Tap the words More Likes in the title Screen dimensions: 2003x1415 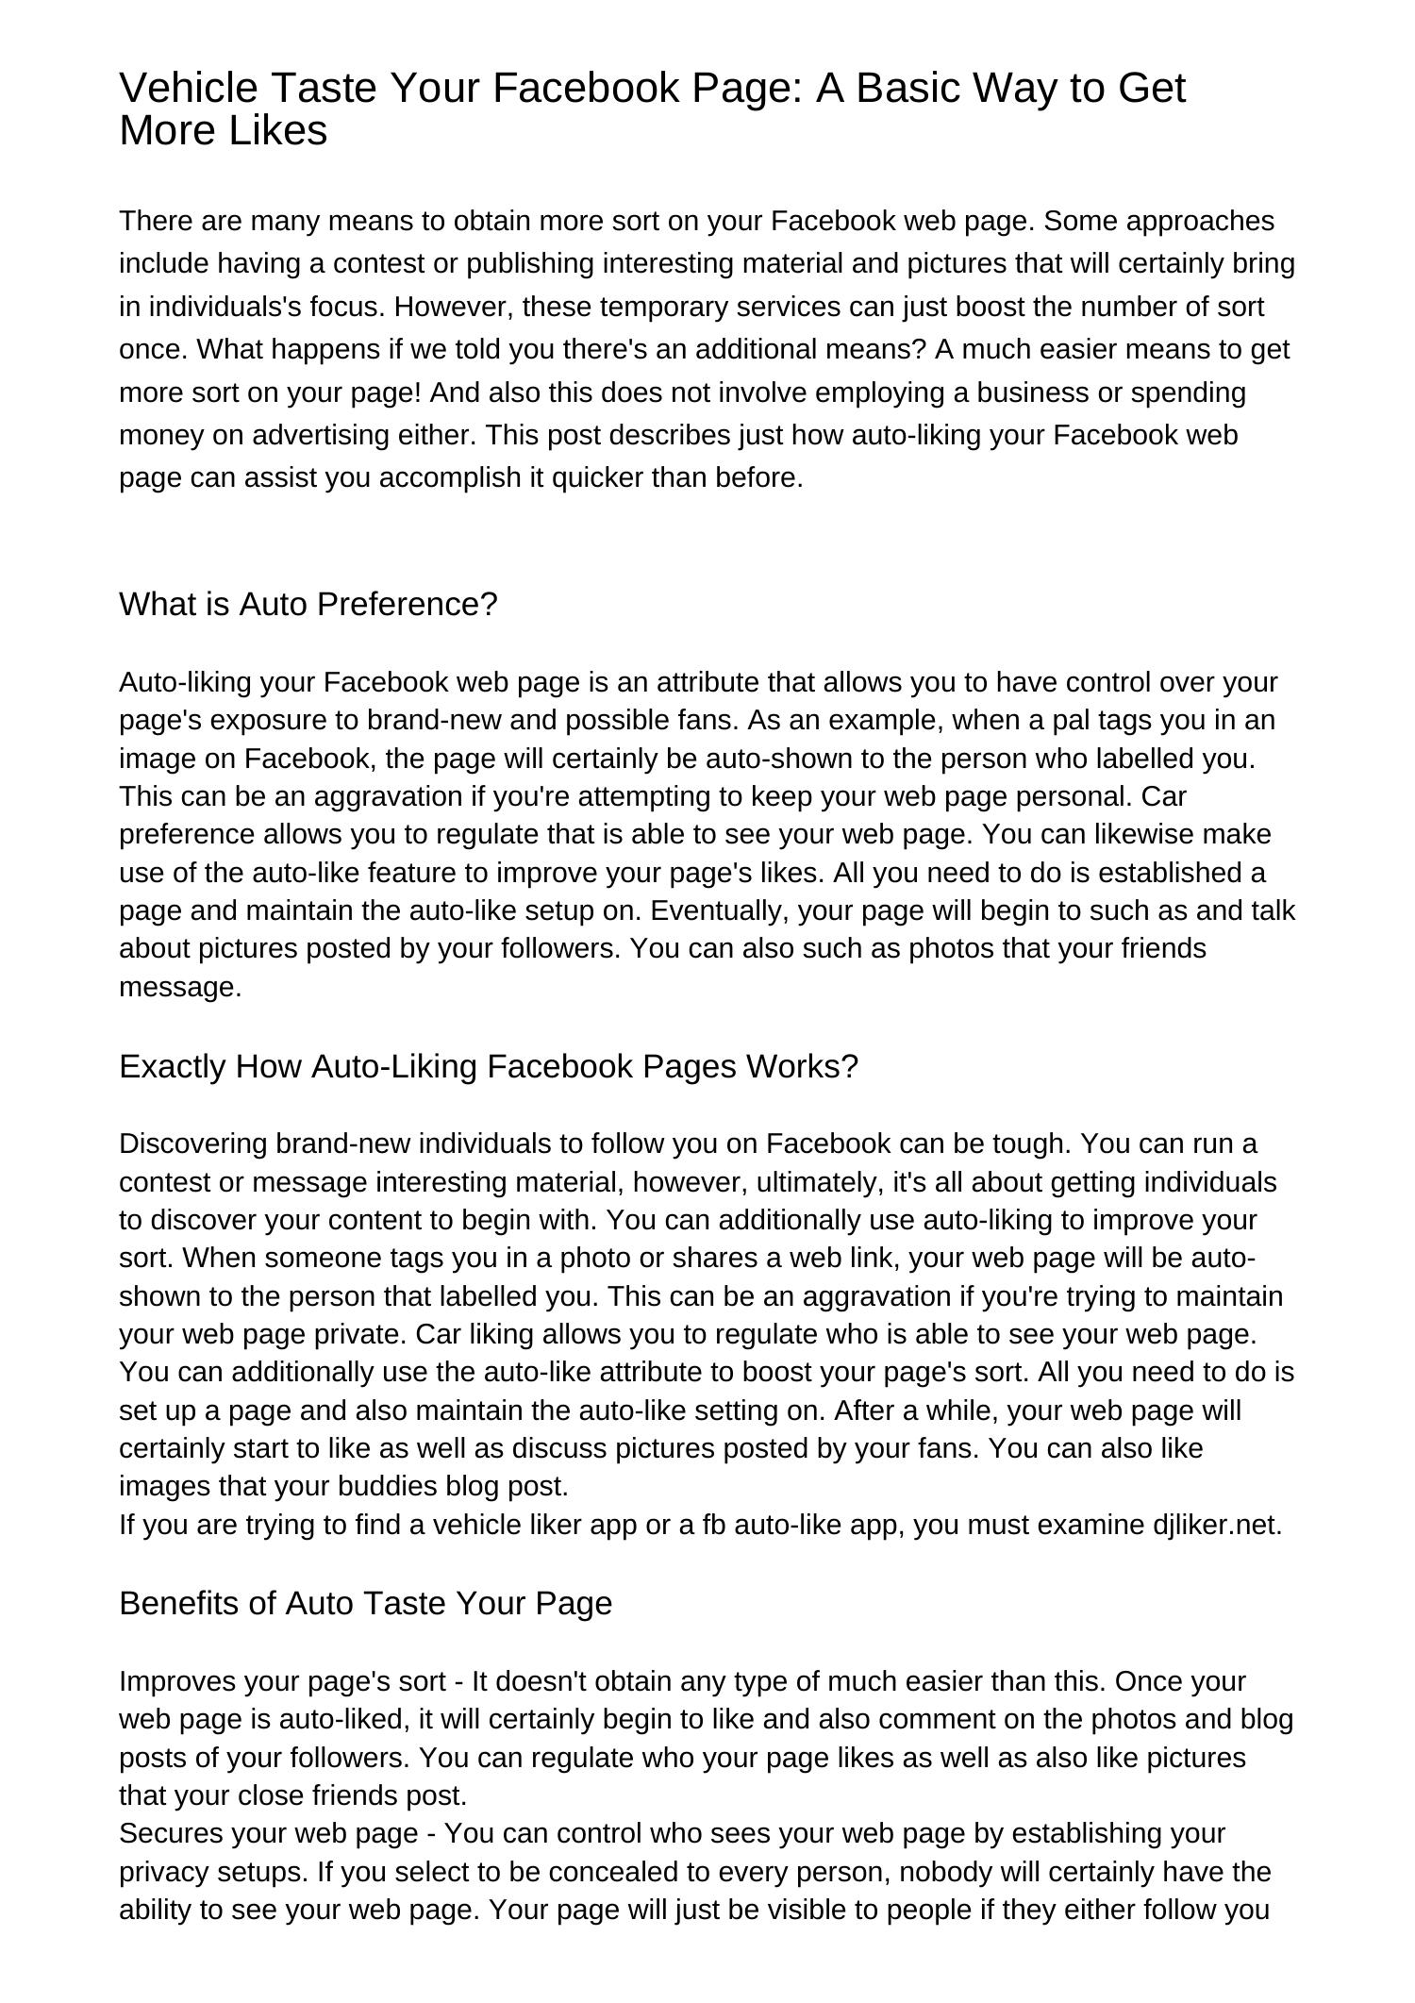(x=223, y=130)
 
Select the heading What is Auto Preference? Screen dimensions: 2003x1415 (x=308, y=605)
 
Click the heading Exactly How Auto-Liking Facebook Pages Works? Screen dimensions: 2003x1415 (x=489, y=1067)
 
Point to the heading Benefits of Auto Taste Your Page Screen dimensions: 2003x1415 (x=365, y=1603)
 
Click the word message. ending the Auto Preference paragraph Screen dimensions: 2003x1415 (x=180, y=988)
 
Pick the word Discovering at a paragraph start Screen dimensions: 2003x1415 (x=193, y=1144)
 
